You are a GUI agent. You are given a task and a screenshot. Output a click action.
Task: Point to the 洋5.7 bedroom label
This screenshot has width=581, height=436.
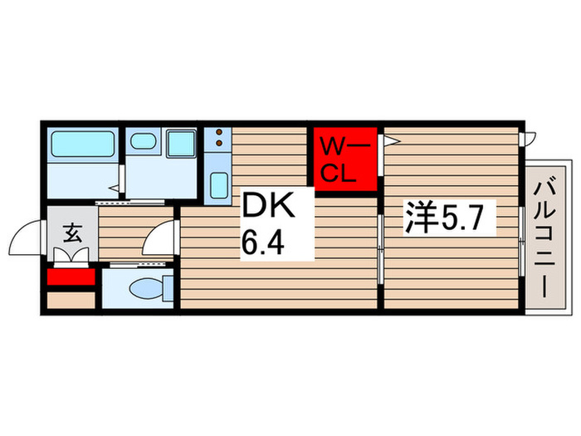450,220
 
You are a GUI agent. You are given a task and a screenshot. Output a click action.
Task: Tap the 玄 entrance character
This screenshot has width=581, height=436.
72,233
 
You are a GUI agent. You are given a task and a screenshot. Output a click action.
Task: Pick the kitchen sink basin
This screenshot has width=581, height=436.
218,184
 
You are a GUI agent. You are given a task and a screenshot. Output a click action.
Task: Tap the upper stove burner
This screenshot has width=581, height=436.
217,132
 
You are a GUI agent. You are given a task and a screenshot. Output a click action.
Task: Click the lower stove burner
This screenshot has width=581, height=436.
217,144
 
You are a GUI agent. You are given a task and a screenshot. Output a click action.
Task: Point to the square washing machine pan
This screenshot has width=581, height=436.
180,144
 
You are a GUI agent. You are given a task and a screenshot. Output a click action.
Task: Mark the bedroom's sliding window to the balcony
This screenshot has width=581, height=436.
521,241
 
